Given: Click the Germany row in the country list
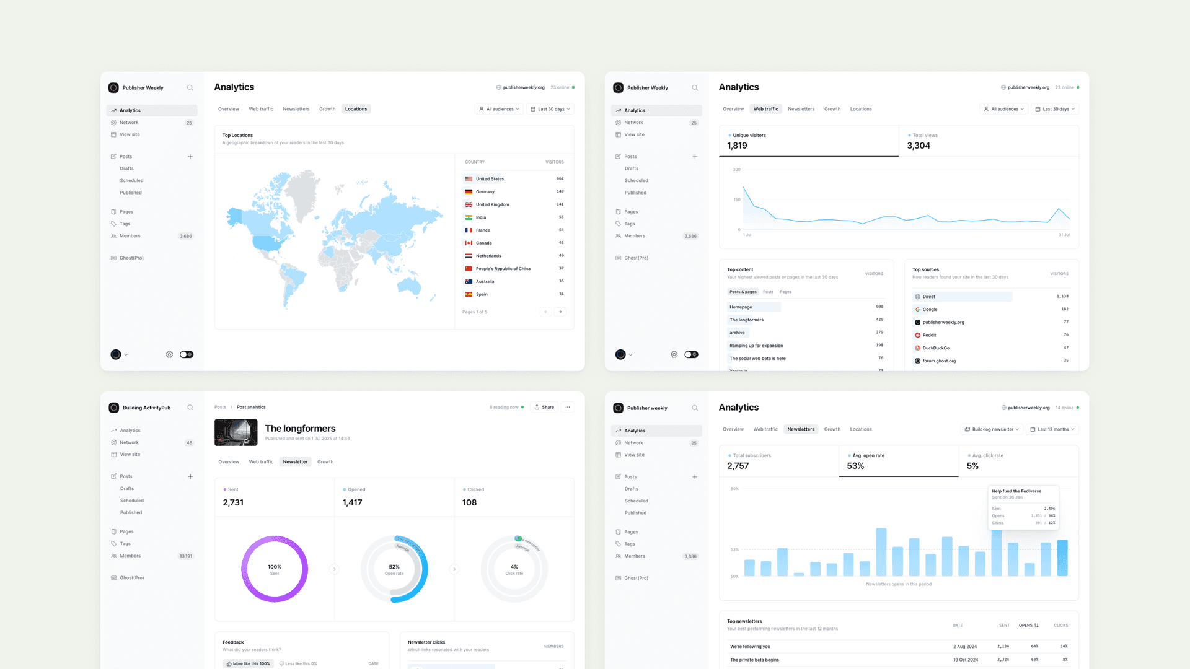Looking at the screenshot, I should [x=485, y=191].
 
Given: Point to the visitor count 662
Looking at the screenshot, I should [x=560, y=178].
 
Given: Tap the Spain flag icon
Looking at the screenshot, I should [x=469, y=294].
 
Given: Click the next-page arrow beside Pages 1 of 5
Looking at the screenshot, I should [x=560, y=312].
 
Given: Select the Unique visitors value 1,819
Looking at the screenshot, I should [x=737, y=146].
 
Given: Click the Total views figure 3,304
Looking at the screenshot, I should [x=918, y=146].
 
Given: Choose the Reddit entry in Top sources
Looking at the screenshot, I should [x=929, y=335].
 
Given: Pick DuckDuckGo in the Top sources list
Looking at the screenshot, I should [x=935, y=348].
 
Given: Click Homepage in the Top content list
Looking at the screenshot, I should [x=741, y=307].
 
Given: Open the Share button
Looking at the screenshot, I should [x=544, y=407].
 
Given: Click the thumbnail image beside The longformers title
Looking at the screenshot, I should [x=236, y=432].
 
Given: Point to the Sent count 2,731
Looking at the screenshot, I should [x=233, y=502].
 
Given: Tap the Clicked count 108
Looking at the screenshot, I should [x=469, y=502].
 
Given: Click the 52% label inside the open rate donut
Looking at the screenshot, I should [x=394, y=567].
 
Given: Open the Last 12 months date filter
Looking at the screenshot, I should [x=1052, y=429].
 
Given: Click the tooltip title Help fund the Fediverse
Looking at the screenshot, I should [x=1016, y=491].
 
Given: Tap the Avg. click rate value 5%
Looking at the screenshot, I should [x=972, y=466].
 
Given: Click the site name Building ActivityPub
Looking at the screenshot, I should [x=146, y=408].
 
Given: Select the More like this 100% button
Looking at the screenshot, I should [x=248, y=663].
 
